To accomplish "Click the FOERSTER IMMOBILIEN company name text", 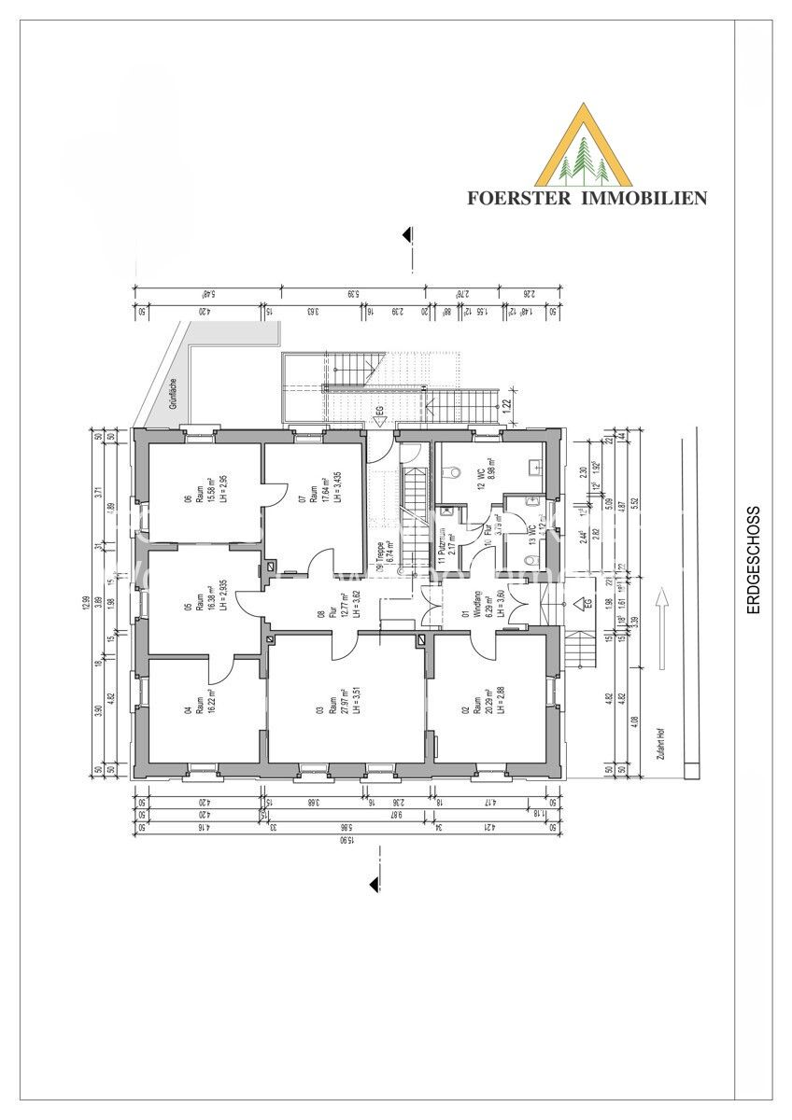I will point(587,198).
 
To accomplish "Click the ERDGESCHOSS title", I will point(754,560).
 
